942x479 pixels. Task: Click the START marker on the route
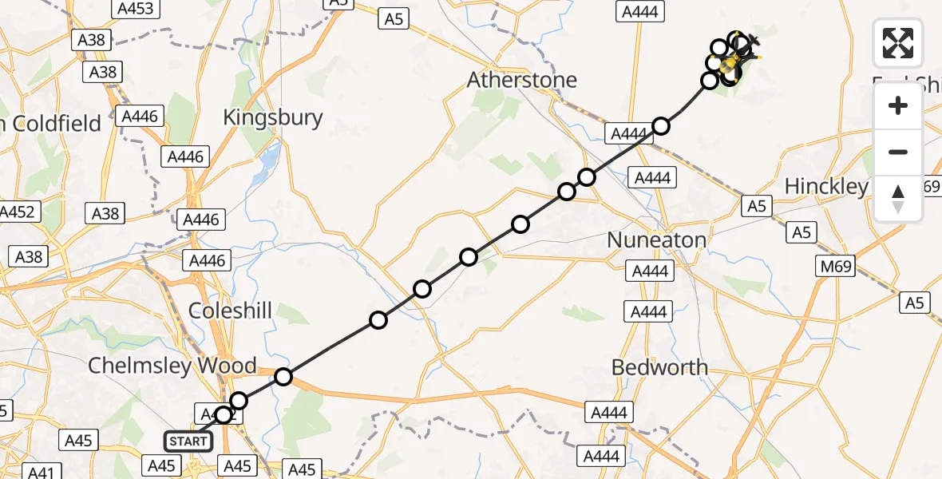188,441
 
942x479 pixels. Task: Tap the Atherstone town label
521,80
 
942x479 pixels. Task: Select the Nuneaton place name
656,239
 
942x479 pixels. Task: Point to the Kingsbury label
272,117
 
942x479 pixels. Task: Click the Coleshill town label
230,311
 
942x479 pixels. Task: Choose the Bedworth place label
659,367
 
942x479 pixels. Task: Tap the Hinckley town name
825,187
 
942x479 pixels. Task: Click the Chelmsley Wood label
172,366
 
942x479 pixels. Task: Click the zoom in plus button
898,106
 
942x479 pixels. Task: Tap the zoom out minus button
898,152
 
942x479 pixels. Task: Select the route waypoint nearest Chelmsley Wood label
283,377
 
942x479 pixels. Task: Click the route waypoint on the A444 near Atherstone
661,125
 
